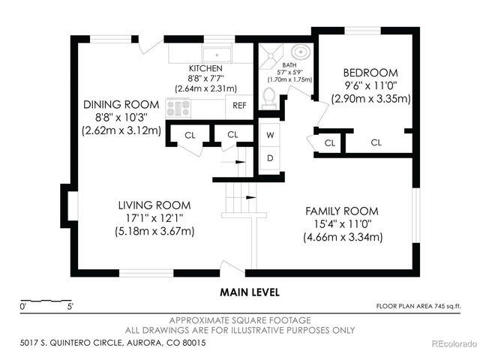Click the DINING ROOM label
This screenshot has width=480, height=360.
coord(121,103)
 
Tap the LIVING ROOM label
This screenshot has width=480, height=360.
coord(154,205)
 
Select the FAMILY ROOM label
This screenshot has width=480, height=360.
coord(341,211)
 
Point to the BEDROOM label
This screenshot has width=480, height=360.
coord(371,73)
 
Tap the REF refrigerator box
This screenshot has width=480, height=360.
coord(239,106)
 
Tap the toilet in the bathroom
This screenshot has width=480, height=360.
coord(269,97)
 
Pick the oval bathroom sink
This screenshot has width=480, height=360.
coord(299,53)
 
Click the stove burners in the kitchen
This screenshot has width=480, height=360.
coord(179,108)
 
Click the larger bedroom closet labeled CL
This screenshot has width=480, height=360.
coord(376,142)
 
